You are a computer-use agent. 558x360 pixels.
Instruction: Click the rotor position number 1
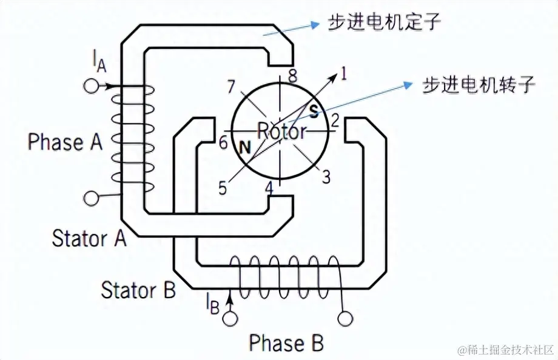coord(343,75)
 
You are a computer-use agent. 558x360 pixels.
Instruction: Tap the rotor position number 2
coord(334,120)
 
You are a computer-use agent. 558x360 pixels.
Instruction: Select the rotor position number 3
coord(326,178)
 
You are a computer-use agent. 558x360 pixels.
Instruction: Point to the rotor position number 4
coord(269,188)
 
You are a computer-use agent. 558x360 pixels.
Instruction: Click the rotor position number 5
coord(223,188)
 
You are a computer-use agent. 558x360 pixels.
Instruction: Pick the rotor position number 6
coord(223,143)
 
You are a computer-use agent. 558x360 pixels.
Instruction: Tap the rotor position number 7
coord(231,87)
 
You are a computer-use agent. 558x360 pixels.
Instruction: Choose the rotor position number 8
coord(293,76)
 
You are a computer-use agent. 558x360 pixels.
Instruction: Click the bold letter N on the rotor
coord(245,146)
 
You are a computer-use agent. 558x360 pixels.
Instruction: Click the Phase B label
coord(286,343)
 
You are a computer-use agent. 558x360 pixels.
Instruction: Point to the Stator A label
coord(89,238)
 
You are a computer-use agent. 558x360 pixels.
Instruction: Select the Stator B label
coord(138,290)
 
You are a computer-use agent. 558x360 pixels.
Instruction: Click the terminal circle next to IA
coord(90,86)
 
